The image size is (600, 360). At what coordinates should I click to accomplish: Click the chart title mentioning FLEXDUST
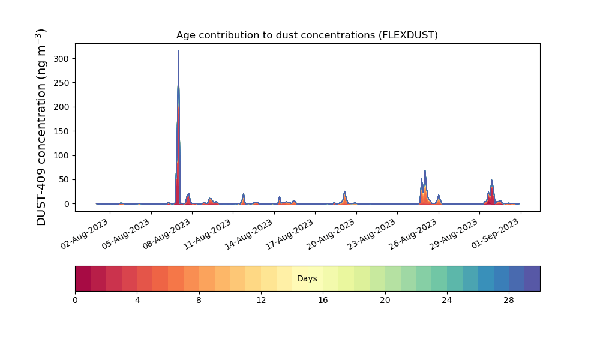tap(307, 35)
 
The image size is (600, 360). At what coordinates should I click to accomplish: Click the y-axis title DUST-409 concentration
tap(41, 127)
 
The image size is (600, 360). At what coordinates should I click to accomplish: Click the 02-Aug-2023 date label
tap(85, 234)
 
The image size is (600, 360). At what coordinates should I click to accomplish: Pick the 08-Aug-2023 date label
tap(167, 234)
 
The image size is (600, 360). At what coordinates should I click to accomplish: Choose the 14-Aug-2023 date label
tap(249, 234)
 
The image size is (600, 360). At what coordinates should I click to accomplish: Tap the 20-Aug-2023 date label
tap(331, 234)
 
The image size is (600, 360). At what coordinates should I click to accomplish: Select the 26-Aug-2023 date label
tap(413, 234)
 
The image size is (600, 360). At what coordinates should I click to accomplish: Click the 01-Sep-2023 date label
tap(495, 234)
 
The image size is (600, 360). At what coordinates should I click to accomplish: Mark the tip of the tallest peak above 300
tap(178, 51)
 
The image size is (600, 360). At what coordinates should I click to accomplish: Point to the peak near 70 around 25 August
tap(425, 170)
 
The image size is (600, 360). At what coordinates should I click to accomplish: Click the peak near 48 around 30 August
tap(492, 180)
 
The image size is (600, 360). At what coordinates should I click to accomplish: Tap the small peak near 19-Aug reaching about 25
tap(344, 191)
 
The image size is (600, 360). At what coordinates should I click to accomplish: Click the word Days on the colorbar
tap(307, 278)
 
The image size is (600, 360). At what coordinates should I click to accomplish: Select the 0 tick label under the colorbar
tap(76, 301)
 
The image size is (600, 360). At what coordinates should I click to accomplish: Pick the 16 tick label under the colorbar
tap(323, 301)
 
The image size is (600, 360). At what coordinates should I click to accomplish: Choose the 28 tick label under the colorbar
tap(509, 301)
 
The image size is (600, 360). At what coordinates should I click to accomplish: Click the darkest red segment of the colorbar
tap(83, 278)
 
